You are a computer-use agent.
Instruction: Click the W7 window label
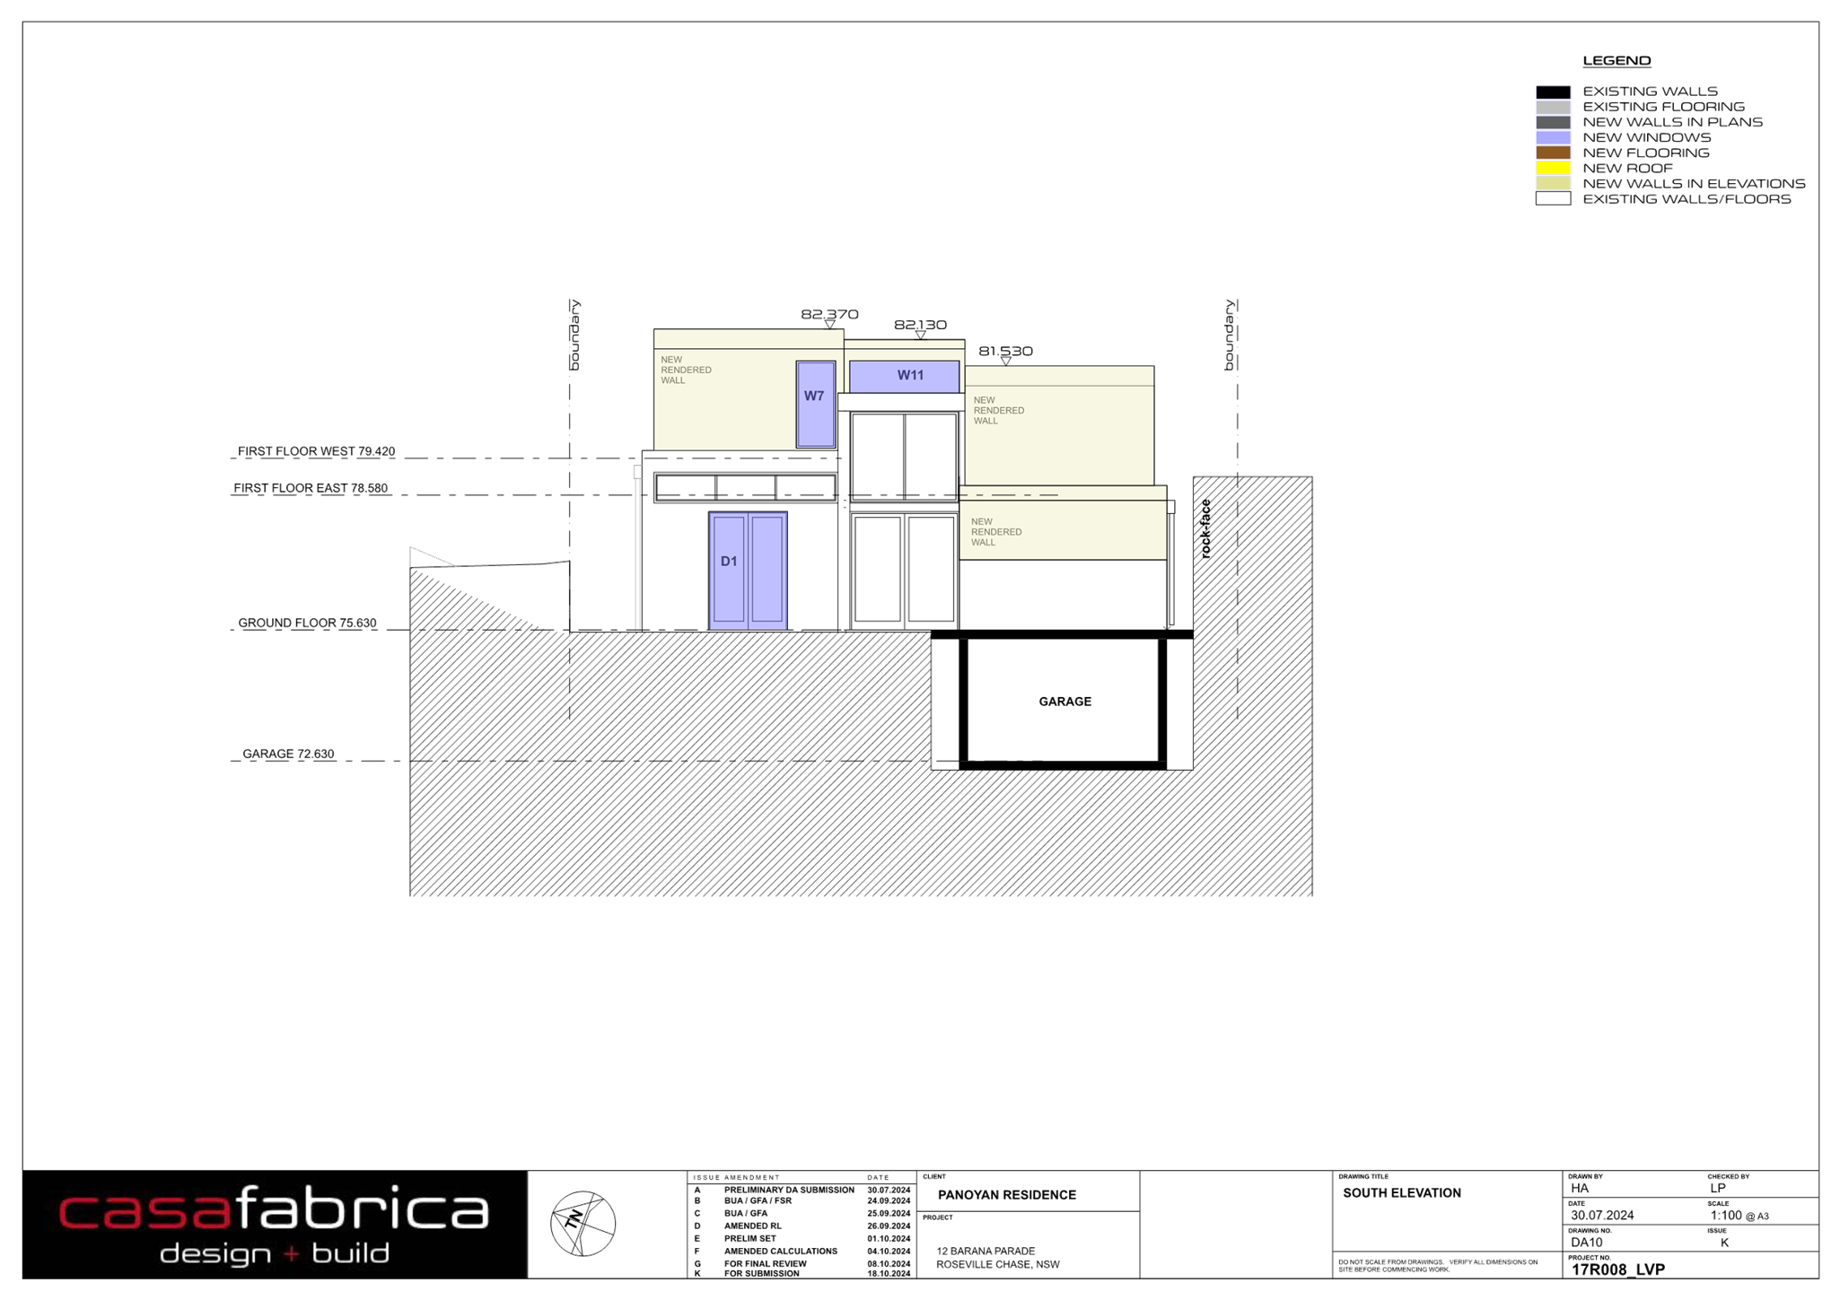[x=814, y=396]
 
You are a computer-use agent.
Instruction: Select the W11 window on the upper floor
[x=904, y=376]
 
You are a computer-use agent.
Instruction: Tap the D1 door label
[x=729, y=561]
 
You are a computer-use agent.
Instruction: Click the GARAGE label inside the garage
[x=1065, y=702]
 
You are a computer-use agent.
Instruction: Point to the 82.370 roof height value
[x=829, y=314]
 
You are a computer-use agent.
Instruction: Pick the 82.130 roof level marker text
[x=920, y=325]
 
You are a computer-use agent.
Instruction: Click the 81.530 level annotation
[x=1005, y=351]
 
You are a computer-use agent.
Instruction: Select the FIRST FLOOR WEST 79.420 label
[x=316, y=451]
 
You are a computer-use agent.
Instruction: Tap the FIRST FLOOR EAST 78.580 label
[x=311, y=488]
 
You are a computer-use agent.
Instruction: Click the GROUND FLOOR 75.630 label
[x=307, y=623]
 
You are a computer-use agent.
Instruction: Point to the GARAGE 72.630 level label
[x=288, y=754]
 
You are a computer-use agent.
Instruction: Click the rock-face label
[x=1205, y=528]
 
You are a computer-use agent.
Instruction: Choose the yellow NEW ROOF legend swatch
[x=1553, y=168]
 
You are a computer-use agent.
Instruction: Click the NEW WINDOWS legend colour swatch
[x=1553, y=137]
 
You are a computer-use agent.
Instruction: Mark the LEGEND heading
[x=1617, y=61]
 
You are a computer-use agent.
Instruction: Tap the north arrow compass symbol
[x=583, y=1223]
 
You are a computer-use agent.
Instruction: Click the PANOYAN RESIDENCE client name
[x=1006, y=1195]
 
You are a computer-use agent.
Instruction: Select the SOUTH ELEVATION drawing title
[x=1401, y=1193]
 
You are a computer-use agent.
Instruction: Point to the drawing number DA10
[x=1586, y=1243]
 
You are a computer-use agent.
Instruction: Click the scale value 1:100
[x=1725, y=1216]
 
